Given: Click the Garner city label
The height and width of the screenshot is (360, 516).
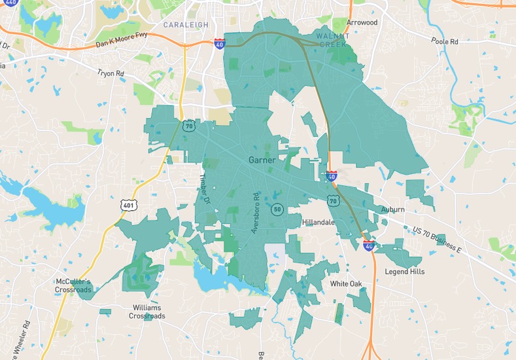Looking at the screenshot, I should click(x=262, y=160).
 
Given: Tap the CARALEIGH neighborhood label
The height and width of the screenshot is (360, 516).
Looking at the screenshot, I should click(x=186, y=25).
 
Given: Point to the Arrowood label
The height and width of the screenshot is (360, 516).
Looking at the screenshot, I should click(x=362, y=22).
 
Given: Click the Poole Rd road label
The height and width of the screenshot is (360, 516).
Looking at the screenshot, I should click(x=445, y=41).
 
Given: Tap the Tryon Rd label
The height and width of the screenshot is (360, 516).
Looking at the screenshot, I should click(x=111, y=74).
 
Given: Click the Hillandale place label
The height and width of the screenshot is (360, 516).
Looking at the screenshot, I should click(x=318, y=223).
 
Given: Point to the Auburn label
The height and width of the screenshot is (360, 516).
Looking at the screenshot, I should click(x=393, y=209).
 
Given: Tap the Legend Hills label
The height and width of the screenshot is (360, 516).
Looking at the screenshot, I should click(x=404, y=272).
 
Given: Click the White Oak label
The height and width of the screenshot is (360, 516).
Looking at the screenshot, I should click(x=346, y=283).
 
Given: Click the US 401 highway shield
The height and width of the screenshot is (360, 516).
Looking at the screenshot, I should click(x=128, y=205).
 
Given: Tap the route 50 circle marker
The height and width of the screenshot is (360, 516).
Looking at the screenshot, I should click(x=278, y=209).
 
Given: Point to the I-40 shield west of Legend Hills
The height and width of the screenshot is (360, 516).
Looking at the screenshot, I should click(x=369, y=245).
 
